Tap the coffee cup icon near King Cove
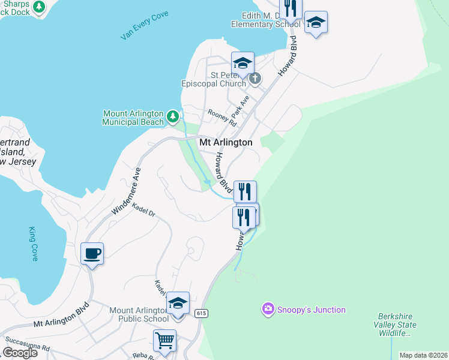coord(92,253)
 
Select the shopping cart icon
coord(164,340)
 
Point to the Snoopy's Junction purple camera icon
coord(268,310)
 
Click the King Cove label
coord(33,244)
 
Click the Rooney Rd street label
coord(222,117)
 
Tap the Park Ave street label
coord(241,107)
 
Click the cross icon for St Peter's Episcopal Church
coord(255,78)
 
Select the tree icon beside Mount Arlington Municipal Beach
coord(173,115)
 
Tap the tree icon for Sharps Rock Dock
coord(39,7)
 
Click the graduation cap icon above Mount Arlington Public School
coord(178,303)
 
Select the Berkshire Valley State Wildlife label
coord(397,325)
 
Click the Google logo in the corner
coord(19,353)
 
